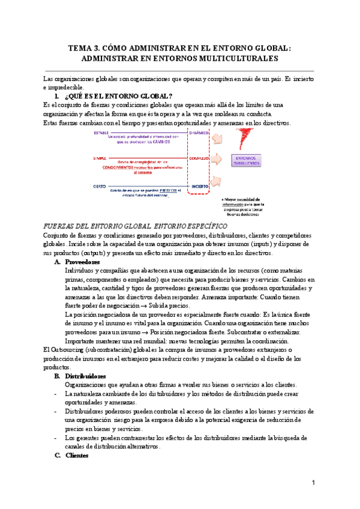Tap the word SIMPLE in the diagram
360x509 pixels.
(x=100, y=158)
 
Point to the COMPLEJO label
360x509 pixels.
(x=200, y=158)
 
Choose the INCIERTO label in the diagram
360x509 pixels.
(x=200, y=186)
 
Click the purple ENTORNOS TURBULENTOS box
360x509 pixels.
(x=245, y=160)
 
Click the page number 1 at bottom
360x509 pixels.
(x=313, y=483)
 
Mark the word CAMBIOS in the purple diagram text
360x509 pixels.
(x=159, y=142)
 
